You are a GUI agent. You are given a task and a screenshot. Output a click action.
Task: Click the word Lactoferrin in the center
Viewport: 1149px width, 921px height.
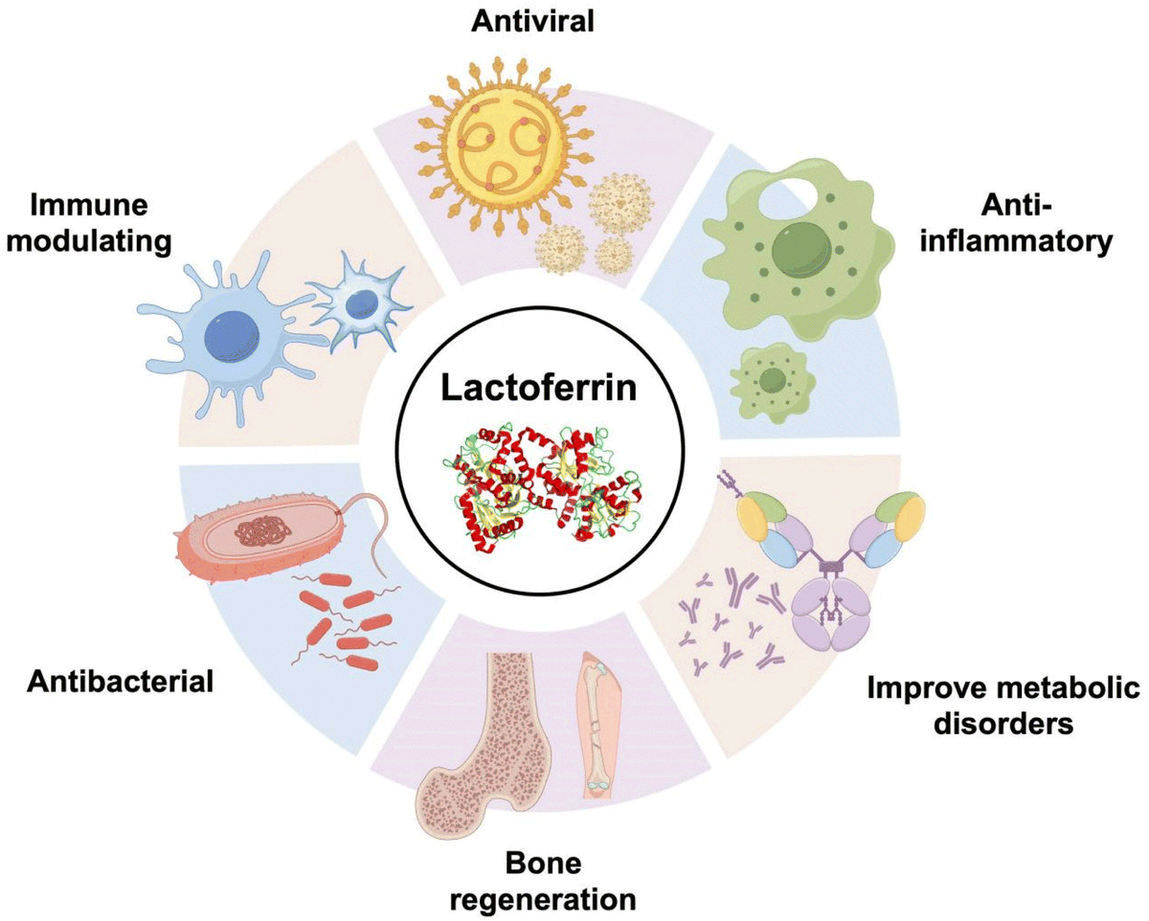coord(541,392)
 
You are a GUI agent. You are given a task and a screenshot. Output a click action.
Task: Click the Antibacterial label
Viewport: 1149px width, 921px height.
coord(120,683)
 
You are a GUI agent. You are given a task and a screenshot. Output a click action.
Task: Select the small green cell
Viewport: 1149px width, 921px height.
coord(772,379)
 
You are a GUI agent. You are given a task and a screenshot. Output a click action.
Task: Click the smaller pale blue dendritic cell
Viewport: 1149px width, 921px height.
coord(361,302)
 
